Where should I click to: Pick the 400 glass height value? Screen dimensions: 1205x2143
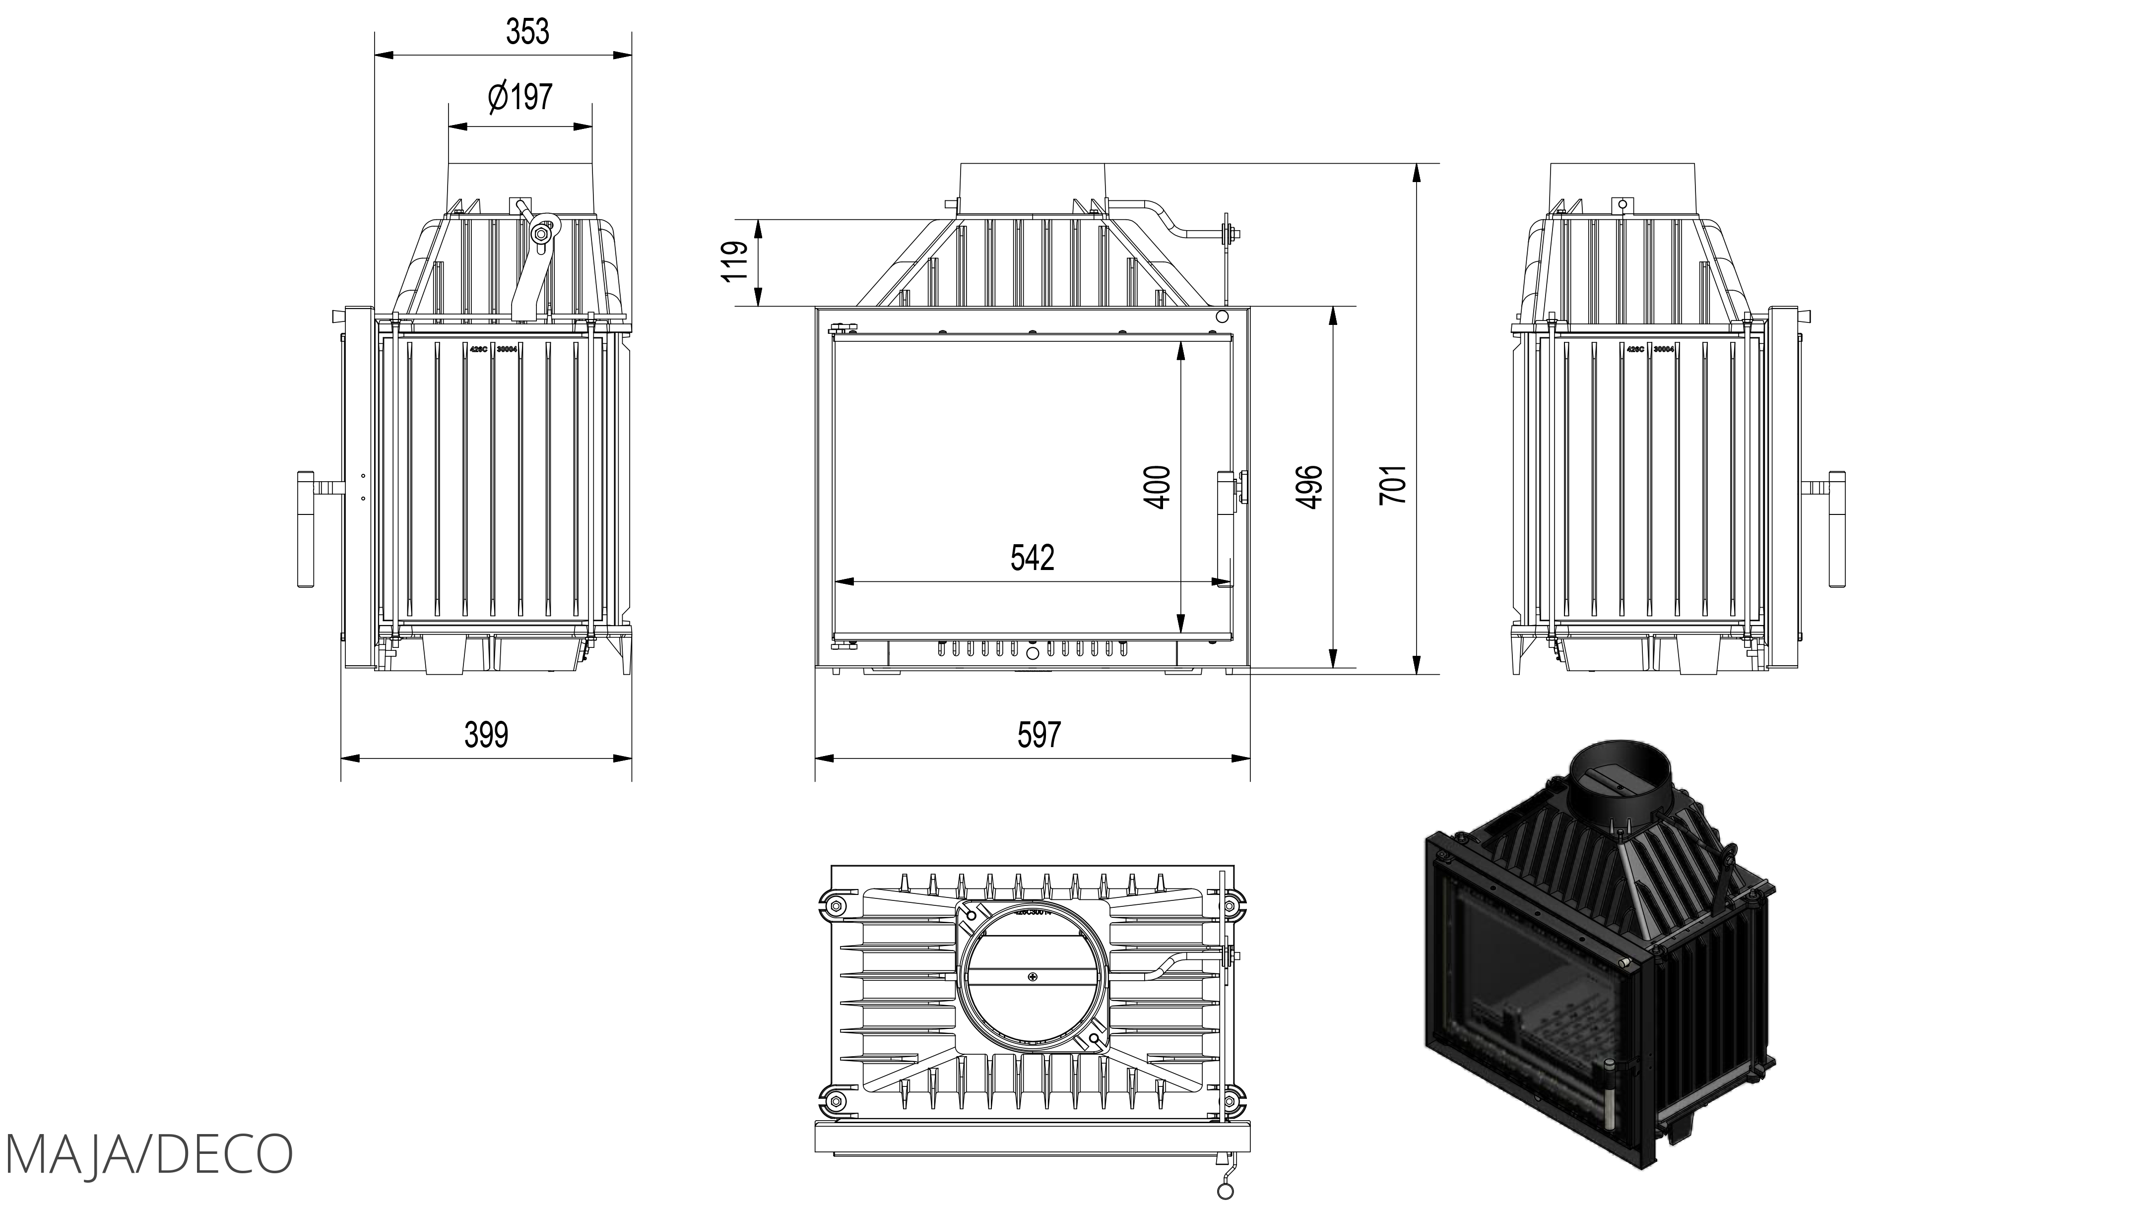click(1158, 487)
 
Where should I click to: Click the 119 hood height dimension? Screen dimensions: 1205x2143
click(735, 262)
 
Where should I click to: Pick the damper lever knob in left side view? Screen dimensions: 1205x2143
click(541, 235)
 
